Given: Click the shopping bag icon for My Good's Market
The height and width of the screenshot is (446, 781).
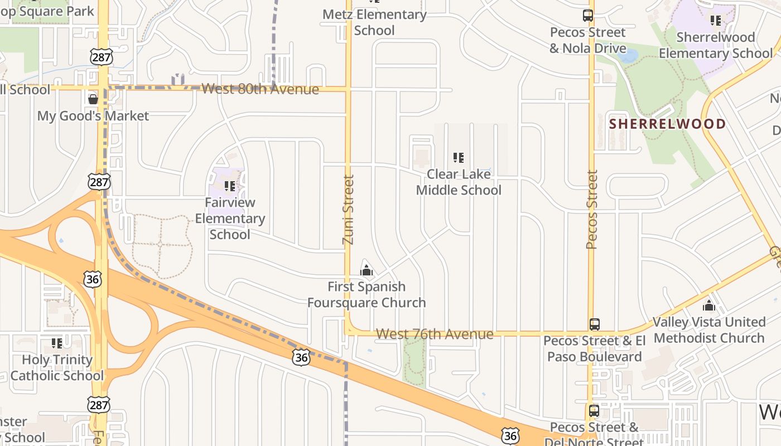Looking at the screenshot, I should (93, 99).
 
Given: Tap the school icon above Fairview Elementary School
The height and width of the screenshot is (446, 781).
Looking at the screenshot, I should (229, 186).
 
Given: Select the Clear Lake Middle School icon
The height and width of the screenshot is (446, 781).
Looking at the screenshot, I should (458, 158).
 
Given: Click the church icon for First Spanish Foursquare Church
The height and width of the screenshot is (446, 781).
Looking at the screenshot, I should (367, 271).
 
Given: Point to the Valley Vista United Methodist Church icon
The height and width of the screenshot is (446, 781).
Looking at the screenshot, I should (709, 306).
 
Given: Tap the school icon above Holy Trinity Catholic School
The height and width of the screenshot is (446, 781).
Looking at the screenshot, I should (56, 343).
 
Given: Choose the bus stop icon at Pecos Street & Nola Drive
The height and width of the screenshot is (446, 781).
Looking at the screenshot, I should (587, 16).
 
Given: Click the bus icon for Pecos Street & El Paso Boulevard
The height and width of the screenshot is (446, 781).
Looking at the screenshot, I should (595, 324).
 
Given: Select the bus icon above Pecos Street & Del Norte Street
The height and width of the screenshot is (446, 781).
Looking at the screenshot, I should (594, 411).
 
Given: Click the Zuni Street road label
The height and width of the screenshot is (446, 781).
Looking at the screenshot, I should (349, 210).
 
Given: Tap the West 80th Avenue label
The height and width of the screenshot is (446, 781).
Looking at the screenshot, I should (260, 89).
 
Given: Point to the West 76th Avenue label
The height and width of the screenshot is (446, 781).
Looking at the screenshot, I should (435, 334).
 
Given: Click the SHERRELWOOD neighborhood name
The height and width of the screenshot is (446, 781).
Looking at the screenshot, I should (667, 124).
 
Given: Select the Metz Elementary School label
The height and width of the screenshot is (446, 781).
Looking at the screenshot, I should (374, 22).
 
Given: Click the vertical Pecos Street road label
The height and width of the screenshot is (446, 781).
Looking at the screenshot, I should (592, 210).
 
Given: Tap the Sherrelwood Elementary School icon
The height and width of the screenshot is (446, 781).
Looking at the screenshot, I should (715, 21).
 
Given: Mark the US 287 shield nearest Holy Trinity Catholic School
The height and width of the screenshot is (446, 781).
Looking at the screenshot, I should (98, 404).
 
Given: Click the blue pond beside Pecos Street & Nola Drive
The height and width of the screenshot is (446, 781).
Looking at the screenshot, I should (629, 56).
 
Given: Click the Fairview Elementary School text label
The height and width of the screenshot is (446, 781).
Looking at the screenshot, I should (230, 219).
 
